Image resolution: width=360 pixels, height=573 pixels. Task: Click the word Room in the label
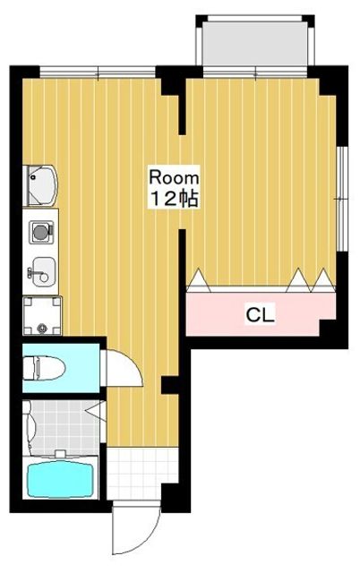pos(174,178)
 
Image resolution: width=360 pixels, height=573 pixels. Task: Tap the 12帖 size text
pos(175,199)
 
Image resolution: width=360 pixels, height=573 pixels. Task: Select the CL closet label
pos(260,314)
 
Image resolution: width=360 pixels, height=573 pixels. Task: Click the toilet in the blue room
pos(44,368)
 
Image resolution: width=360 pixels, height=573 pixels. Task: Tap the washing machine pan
pos(42,316)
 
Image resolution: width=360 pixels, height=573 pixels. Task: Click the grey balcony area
pos(255,44)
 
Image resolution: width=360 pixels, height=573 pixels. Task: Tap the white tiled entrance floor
pos(142,474)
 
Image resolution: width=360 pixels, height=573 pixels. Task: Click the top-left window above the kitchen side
pos(98,72)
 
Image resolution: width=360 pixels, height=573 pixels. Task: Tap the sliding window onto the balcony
pos(255,72)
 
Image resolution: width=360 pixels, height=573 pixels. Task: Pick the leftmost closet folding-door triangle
pos(199,280)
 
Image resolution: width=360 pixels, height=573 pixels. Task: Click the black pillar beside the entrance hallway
pos(169,385)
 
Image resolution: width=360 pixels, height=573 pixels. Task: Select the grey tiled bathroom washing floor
pos(62,428)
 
